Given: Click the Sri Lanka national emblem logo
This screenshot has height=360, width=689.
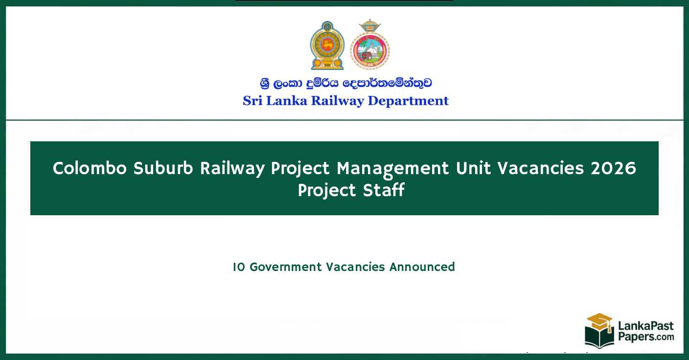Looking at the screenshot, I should point(327,45).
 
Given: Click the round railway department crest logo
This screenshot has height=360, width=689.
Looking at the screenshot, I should point(369,45).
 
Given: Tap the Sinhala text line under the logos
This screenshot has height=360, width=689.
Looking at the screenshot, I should point(345,83).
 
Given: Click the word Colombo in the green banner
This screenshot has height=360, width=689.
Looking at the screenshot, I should point(90,169).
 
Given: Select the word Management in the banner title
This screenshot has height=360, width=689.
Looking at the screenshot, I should point(392,169).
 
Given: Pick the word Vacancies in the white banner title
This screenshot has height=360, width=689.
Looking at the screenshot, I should point(541,169).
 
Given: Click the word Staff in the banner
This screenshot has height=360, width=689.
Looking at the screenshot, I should point(384,190).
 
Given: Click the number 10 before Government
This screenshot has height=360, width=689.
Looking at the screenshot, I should point(239,267).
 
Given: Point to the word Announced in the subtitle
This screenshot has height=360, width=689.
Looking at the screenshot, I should point(422,267).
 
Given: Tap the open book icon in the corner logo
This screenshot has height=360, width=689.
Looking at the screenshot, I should point(599,337).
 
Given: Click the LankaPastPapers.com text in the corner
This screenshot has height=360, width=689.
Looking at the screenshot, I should point(645,332).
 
